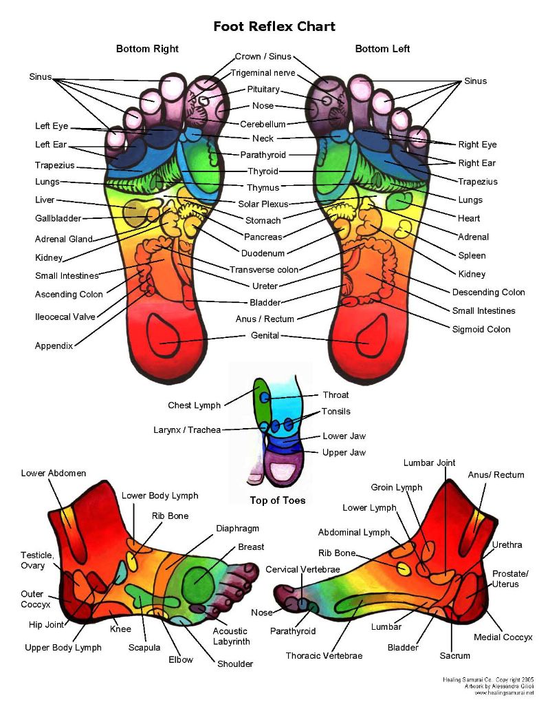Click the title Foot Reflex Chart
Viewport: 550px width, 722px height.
point(274,27)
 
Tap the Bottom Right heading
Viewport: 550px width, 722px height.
point(147,49)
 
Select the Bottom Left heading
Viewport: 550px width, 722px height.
point(382,49)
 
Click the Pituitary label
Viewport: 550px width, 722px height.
point(263,89)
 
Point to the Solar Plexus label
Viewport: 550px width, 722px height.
point(263,204)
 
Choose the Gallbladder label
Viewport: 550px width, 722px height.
point(58,218)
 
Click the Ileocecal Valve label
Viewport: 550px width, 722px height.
point(65,317)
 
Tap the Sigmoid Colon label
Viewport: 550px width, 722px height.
point(481,329)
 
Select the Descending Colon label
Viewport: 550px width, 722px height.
point(488,292)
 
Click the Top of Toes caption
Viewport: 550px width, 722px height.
point(278,500)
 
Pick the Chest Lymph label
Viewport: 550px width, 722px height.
point(195,405)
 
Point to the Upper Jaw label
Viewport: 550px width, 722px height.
point(344,452)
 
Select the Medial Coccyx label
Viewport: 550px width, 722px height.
point(503,637)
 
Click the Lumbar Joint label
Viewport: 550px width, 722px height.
point(430,463)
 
